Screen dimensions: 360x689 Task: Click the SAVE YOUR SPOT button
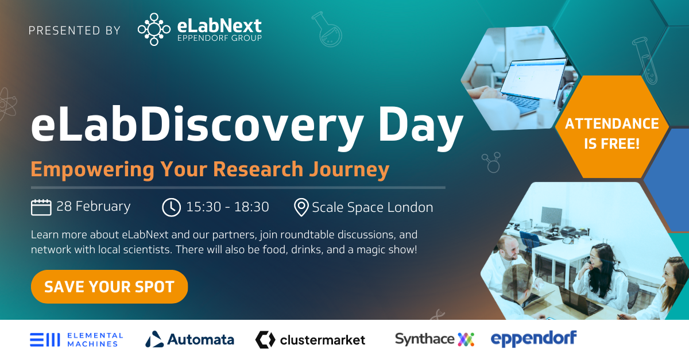point(109,287)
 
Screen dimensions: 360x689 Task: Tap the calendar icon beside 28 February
point(41,207)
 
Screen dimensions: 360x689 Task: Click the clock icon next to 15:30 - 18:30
point(171,207)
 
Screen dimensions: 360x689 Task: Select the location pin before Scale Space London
point(301,207)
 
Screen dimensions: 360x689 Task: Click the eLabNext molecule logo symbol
point(154,29)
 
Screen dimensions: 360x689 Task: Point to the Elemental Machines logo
point(76,339)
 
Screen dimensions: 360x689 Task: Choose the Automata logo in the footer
point(189,339)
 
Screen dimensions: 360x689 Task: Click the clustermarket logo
point(310,339)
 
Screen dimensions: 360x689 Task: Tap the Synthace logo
point(434,339)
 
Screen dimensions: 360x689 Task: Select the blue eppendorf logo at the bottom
point(533,338)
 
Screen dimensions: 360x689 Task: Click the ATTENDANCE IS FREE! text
point(611,133)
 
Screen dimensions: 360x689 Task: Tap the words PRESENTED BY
point(75,30)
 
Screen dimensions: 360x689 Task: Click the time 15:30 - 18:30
point(227,207)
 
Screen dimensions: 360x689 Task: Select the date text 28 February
point(94,206)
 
